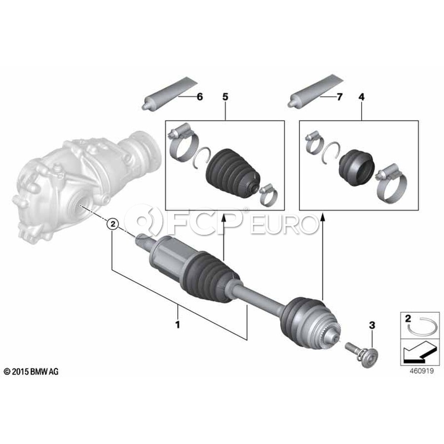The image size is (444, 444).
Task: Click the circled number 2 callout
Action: (112, 224)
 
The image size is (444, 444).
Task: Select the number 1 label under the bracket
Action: (178, 325)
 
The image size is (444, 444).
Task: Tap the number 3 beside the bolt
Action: (372, 325)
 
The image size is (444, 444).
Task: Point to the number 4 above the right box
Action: (361, 97)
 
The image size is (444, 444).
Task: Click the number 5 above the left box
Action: (225, 97)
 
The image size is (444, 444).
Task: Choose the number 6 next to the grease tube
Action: (200, 97)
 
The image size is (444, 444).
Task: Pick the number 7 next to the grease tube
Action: (339, 97)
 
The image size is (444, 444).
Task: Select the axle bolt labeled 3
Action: (363, 354)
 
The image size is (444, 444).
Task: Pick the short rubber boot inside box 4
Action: (357, 168)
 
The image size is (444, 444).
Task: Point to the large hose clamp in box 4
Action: (391, 184)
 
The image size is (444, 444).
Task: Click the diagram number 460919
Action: (422, 370)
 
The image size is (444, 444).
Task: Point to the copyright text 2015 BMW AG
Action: (31, 371)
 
